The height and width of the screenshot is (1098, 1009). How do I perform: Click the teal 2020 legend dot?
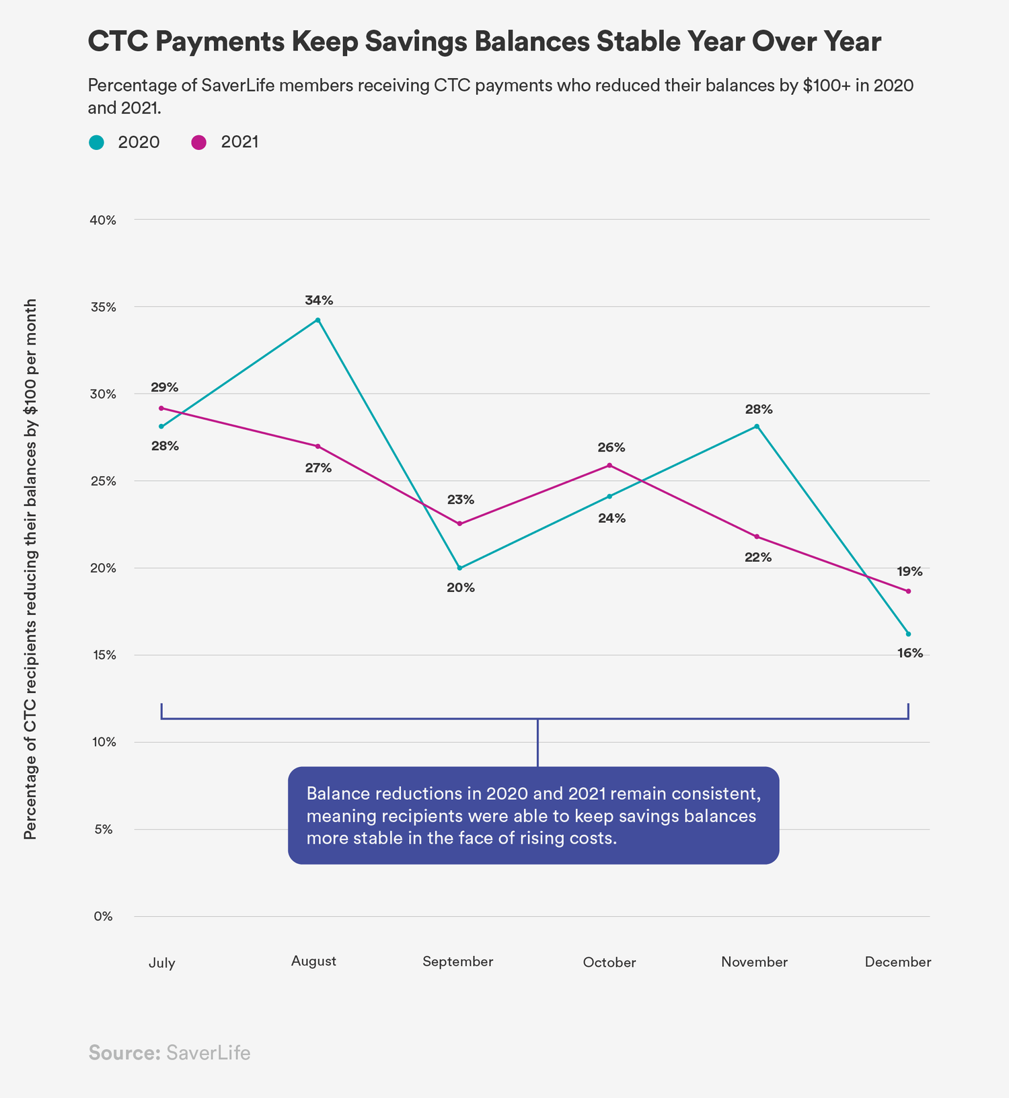(97, 143)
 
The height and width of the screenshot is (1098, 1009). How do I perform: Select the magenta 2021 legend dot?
(198, 143)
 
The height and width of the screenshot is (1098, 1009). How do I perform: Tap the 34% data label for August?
(318, 301)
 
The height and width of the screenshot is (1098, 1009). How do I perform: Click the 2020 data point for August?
(318, 320)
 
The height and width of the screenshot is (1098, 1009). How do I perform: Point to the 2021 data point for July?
(161, 408)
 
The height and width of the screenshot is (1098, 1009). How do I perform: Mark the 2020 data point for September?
(459, 568)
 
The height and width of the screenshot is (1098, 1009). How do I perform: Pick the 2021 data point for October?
(609, 466)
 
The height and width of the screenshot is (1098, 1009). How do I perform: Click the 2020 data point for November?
(757, 427)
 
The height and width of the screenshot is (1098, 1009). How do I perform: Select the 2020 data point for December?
(908, 634)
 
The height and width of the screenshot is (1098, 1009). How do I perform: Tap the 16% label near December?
(909, 653)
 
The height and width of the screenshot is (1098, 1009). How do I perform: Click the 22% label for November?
(758, 557)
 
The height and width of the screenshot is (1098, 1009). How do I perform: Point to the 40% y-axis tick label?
(103, 220)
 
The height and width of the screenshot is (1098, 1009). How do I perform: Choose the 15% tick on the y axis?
(104, 655)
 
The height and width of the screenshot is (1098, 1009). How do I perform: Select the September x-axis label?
(457, 962)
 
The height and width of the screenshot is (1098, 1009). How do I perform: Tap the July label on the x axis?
(161, 963)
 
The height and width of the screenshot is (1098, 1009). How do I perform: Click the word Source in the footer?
(124, 1053)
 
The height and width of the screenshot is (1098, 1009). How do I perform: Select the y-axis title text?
(30, 569)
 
